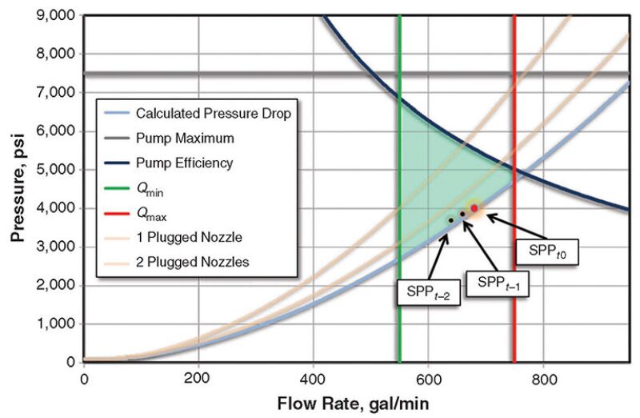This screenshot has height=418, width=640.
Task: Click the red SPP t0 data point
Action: (474, 208)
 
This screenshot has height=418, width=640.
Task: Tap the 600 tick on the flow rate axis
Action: (429, 379)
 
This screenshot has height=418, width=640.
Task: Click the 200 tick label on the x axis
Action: (198, 379)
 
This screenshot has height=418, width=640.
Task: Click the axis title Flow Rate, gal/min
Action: (356, 404)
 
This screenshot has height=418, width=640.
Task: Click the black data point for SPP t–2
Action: (451, 220)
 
